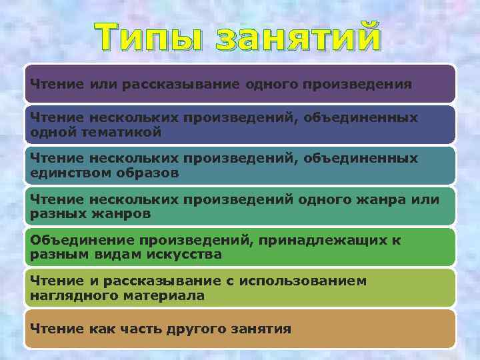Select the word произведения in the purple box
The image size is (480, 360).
357,85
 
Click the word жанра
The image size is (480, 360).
388,200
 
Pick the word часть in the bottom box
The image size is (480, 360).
129,329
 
